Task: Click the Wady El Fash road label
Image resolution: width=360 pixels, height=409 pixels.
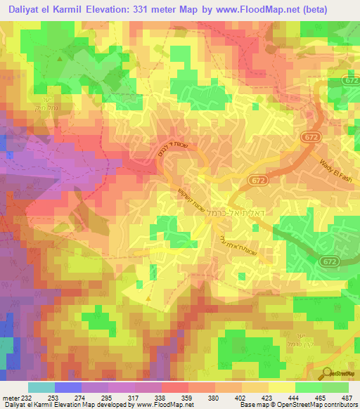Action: click(332, 165)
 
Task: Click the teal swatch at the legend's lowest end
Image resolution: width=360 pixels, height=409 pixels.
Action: click(41, 387)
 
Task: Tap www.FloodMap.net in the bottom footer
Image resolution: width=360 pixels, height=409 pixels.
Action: click(162, 404)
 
